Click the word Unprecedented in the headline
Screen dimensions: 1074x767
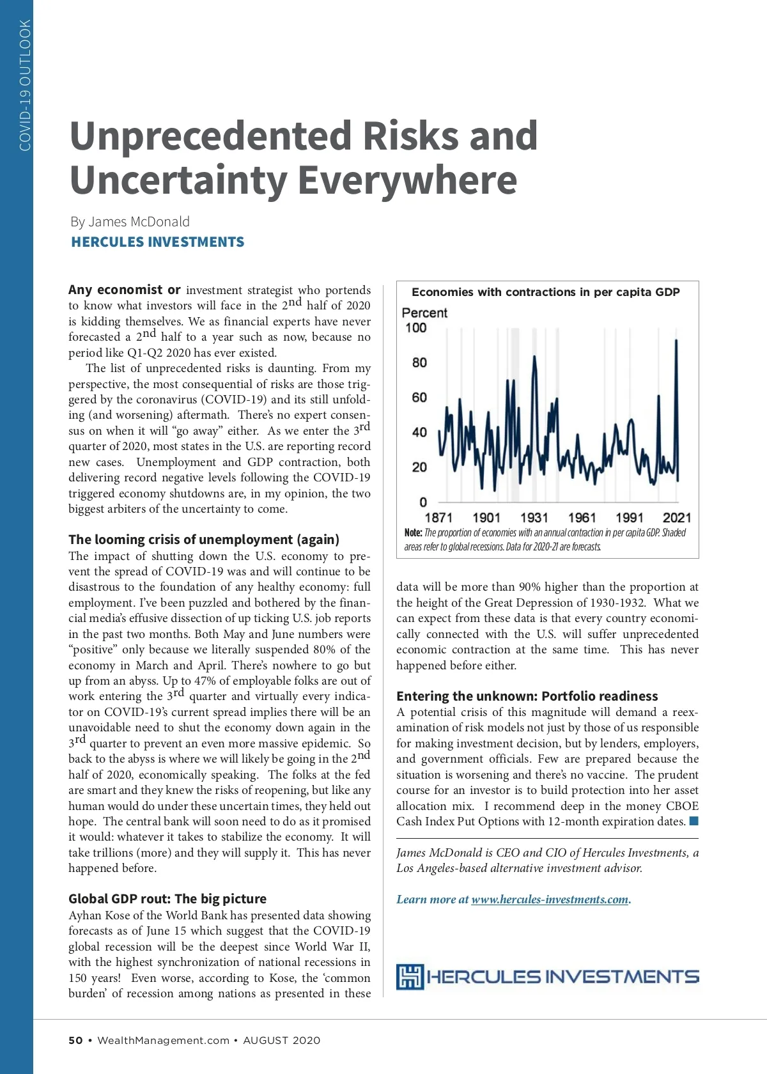point(210,136)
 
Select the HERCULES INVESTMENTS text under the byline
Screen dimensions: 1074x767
point(157,242)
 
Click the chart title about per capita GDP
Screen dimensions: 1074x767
point(546,292)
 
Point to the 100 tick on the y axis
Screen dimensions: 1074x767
point(415,328)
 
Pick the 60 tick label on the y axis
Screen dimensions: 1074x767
point(419,398)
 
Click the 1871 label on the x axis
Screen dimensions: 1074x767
point(438,518)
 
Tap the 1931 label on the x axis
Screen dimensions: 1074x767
point(534,518)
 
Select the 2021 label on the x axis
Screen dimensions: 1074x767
point(677,518)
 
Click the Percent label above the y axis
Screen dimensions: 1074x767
point(424,313)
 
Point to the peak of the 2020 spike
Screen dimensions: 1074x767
point(676,341)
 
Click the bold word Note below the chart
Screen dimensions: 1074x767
point(413,533)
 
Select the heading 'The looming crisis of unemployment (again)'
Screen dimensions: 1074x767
point(204,540)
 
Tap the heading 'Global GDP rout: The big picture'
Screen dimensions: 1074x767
point(167,899)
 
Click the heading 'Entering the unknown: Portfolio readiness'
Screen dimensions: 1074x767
point(527,696)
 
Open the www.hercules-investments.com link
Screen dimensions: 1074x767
point(550,899)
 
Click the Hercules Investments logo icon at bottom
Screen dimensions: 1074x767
point(410,977)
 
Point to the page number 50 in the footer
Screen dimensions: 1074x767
point(75,1040)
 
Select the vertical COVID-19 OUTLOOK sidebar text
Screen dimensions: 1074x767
point(25,86)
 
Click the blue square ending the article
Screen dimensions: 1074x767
point(694,821)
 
